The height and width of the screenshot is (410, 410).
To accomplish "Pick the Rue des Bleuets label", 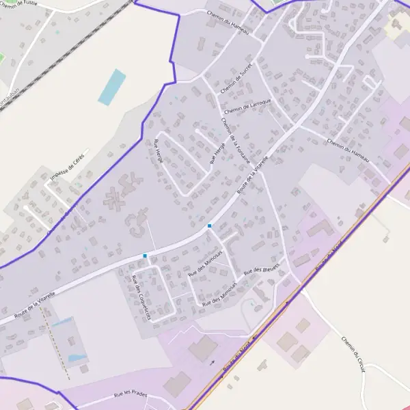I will tap(262, 269).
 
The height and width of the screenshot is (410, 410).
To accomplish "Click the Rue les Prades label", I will tap(131, 394).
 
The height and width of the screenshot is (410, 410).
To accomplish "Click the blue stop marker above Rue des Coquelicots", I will tap(145, 256).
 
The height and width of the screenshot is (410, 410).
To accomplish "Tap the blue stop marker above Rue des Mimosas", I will tap(209, 225).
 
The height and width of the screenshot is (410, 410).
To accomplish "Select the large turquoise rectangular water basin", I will tap(112, 87).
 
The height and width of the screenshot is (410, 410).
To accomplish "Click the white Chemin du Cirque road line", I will tap(335, 328).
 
